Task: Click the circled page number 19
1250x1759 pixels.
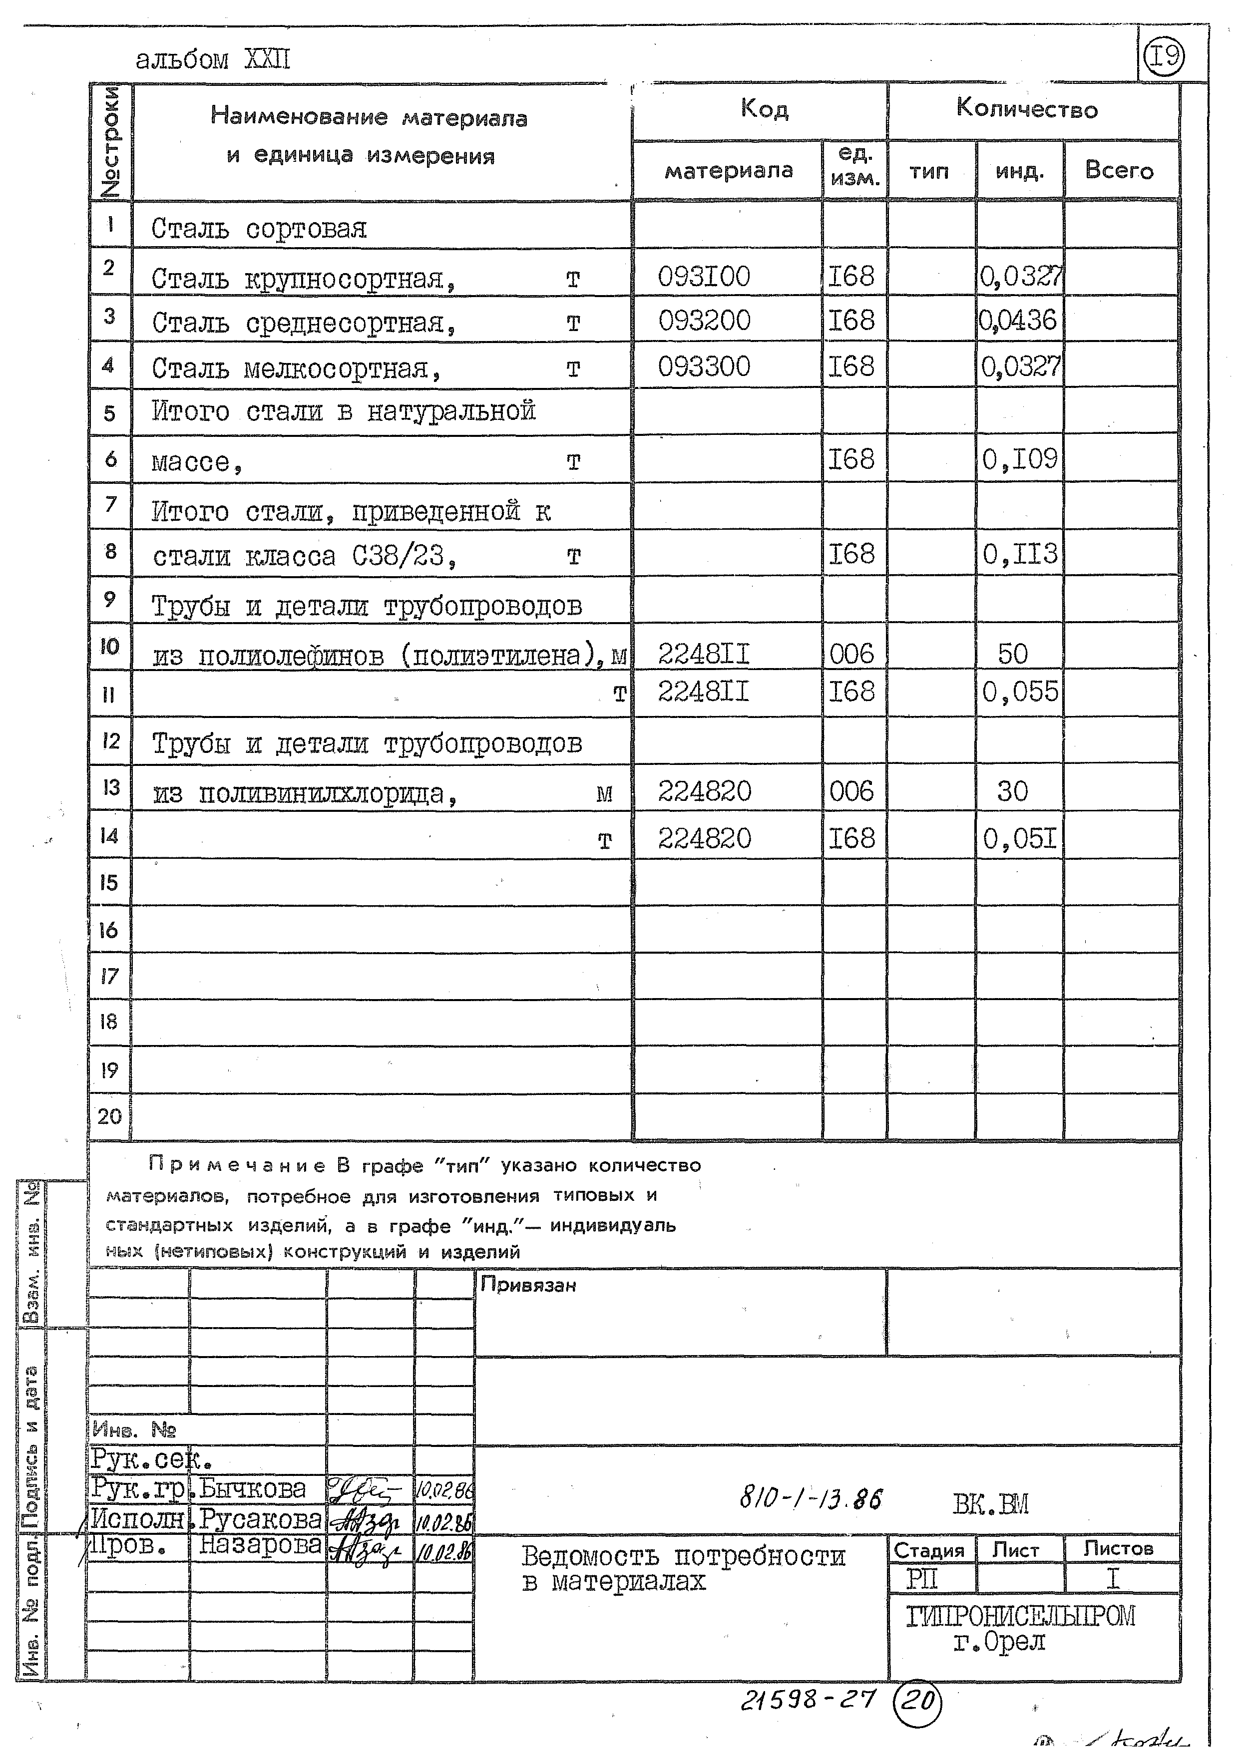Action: (x=1163, y=56)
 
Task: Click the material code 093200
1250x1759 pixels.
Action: (x=704, y=320)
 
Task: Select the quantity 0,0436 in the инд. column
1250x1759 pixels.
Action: (x=1018, y=320)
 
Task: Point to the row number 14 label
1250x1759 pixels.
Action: (x=109, y=836)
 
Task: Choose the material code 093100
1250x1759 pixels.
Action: (x=704, y=276)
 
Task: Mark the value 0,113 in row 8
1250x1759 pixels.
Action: (x=1019, y=554)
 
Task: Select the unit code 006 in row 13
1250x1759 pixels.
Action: (x=851, y=791)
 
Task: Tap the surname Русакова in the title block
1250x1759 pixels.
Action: (x=260, y=1518)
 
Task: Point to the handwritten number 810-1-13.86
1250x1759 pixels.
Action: (x=811, y=1498)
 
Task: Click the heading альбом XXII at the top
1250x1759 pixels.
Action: (x=213, y=60)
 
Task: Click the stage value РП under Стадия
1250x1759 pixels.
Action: (x=921, y=1580)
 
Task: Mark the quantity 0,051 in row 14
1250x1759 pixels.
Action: (x=1019, y=838)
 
